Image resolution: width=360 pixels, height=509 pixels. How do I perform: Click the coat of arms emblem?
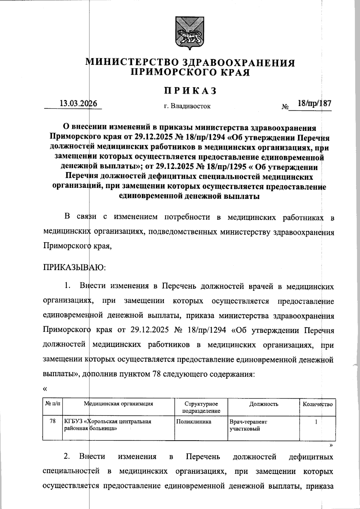tap(188, 33)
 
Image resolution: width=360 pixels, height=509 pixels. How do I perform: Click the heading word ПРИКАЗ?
tap(190, 91)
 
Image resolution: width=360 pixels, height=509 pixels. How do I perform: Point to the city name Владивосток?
tap(191, 106)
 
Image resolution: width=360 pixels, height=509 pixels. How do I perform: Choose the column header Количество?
tap(317, 404)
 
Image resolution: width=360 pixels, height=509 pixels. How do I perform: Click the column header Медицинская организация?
tap(119, 404)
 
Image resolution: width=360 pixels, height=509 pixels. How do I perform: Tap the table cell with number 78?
tap(52, 421)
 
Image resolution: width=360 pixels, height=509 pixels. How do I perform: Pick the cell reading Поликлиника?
tap(193, 421)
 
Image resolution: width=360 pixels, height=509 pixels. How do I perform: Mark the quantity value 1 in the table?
tap(316, 422)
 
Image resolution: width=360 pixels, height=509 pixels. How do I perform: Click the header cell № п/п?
tap(52, 404)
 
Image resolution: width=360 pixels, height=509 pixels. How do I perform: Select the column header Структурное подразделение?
tap(201, 407)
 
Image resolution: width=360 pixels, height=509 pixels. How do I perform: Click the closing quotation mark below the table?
tap(331, 445)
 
